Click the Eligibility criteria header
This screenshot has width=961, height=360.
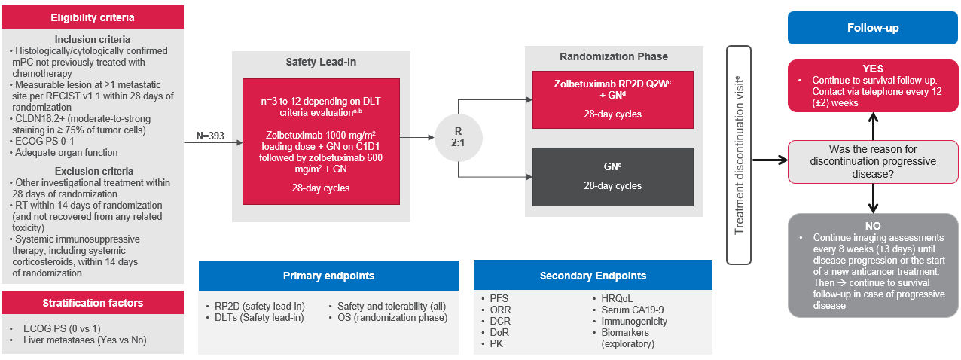(x=93, y=17)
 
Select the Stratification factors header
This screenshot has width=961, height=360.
(x=93, y=303)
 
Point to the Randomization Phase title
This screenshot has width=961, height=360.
(x=613, y=56)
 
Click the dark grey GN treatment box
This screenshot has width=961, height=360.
(x=613, y=176)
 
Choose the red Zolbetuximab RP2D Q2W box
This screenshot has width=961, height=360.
(x=613, y=100)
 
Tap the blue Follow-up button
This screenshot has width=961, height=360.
(x=872, y=29)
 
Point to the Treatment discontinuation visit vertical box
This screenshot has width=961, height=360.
(x=739, y=155)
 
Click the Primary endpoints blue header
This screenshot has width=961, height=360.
(x=328, y=276)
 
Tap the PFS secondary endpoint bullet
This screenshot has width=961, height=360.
(x=499, y=299)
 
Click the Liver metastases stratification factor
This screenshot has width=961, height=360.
(x=84, y=340)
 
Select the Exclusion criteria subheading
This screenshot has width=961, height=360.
(x=93, y=170)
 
